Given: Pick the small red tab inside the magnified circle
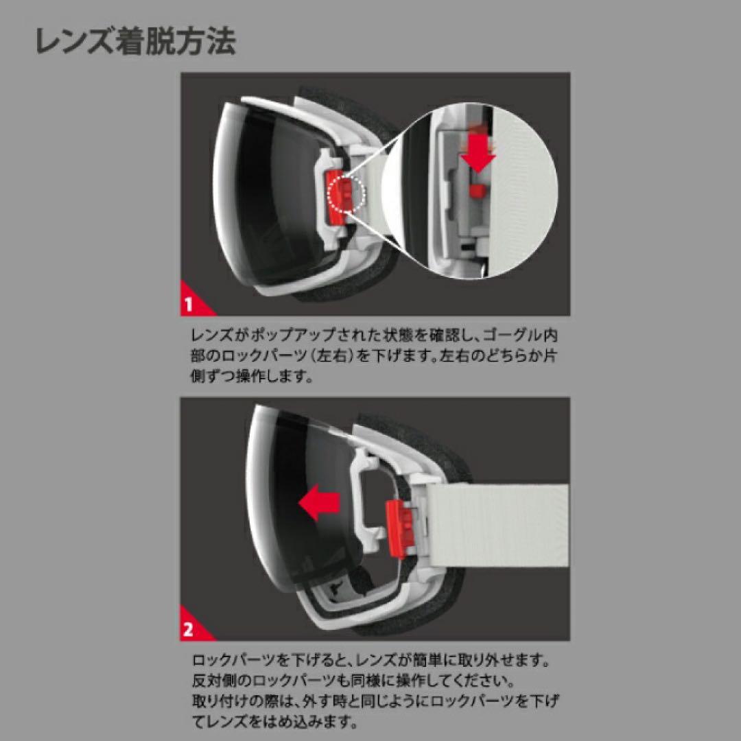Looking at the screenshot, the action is pos(478,190).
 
